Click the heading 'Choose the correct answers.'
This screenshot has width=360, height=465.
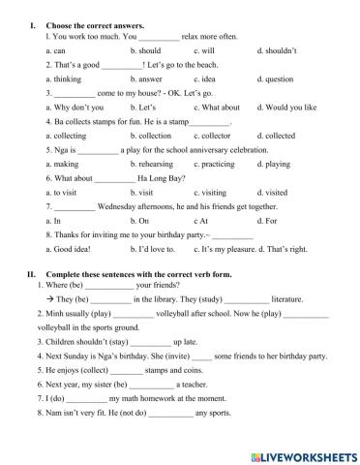(90, 22)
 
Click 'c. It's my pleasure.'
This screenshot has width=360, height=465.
(225, 251)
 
